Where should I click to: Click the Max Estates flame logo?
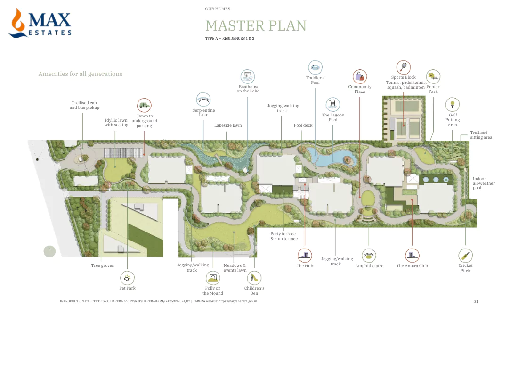click(19, 23)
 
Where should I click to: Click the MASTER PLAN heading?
click(256, 25)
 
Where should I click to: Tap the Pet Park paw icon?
click(127, 278)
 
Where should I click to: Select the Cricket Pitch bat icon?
click(465, 256)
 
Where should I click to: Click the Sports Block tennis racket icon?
click(403, 67)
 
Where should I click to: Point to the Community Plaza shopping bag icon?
click(360, 76)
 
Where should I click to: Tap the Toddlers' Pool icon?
click(315, 67)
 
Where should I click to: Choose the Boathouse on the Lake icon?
click(248, 76)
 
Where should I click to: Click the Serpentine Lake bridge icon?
click(203, 100)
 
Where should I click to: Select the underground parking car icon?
click(144, 105)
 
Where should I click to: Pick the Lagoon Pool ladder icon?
click(333, 104)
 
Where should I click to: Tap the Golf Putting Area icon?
click(452, 104)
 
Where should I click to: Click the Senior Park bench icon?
click(433, 76)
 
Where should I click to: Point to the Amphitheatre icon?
click(369, 256)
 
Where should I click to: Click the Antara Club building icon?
click(412, 256)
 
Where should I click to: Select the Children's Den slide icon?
click(254, 278)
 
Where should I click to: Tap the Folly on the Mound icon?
click(213, 278)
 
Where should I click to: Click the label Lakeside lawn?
click(228, 125)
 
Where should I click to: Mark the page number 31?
click(476, 301)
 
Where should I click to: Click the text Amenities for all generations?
click(80, 74)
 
